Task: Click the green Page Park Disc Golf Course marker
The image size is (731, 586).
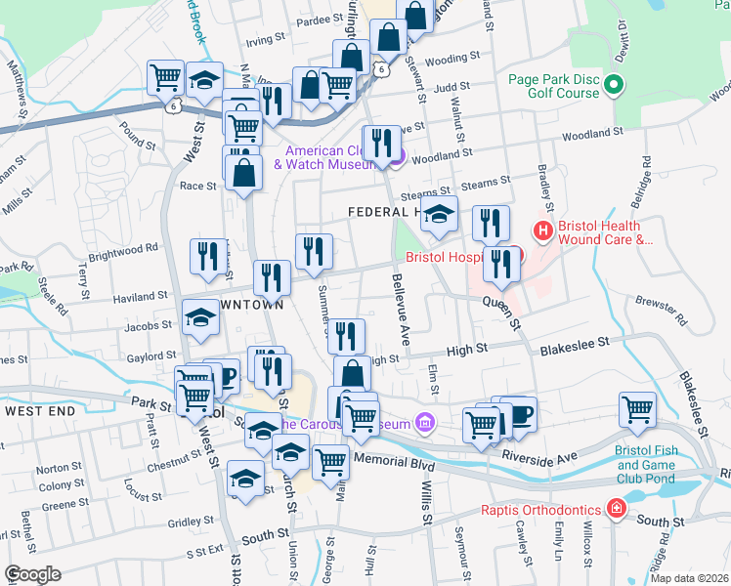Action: (x=615, y=86)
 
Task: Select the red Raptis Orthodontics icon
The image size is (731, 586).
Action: (x=616, y=509)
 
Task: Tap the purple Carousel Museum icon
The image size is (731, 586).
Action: (x=424, y=423)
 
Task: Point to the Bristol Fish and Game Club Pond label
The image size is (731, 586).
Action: (x=646, y=465)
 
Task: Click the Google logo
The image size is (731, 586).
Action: (x=32, y=574)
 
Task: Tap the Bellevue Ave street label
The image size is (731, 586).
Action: (x=402, y=308)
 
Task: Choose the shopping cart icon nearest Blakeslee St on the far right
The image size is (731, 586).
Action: (x=637, y=408)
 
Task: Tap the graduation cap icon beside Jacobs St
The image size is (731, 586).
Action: (x=201, y=317)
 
